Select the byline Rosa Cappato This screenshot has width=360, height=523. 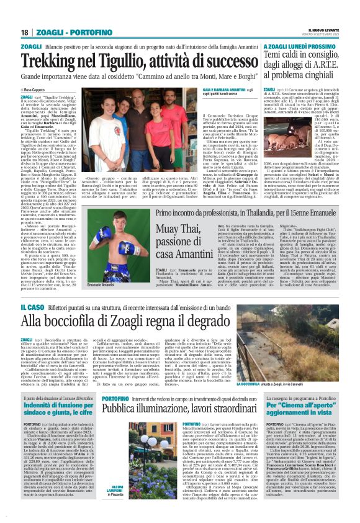[40, 88]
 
